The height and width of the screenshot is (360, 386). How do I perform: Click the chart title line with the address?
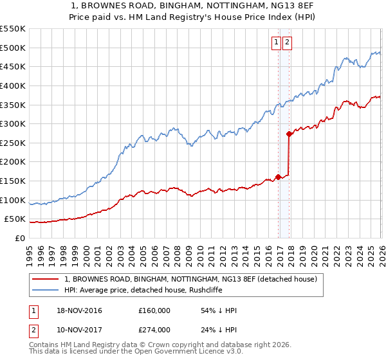(x=192, y=6)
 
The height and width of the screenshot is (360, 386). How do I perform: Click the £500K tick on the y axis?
(x=13, y=48)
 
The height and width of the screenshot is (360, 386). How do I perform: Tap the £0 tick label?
(x=20, y=238)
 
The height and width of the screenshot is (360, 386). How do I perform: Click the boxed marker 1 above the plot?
(x=276, y=43)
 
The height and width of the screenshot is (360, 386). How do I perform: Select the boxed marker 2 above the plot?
(x=287, y=43)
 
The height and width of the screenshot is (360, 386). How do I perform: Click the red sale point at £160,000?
(x=278, y=177)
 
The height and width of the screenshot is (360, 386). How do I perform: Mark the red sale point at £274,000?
(x=289, y=134)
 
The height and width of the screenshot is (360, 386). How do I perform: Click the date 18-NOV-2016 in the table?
(x=79, y=310)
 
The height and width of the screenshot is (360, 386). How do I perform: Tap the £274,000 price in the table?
(x=154, y=329)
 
